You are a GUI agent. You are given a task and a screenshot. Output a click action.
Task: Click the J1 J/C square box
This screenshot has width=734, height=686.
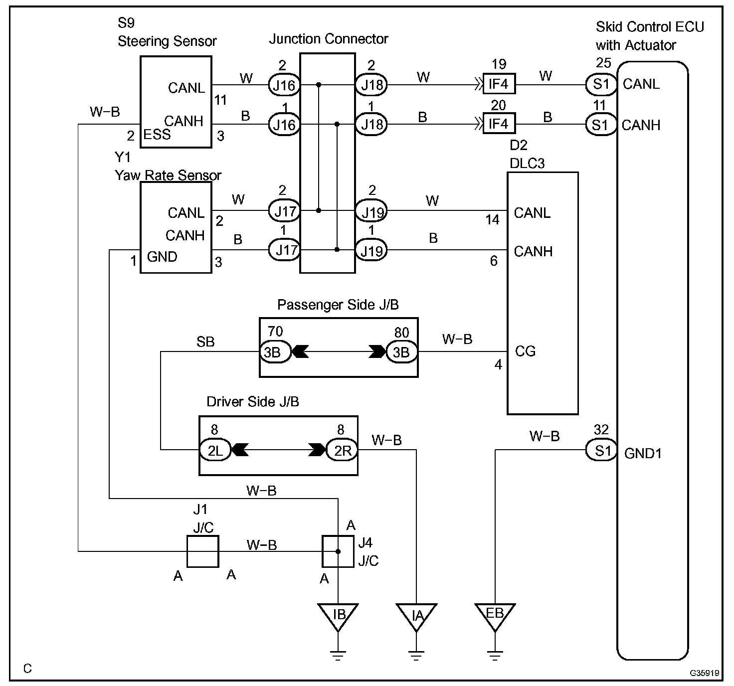tap(202, 551)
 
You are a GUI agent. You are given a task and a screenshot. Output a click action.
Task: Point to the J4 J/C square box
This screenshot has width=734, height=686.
tap(338, 551)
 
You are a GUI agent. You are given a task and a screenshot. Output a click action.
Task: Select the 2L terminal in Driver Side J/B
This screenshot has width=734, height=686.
tap(215, 450)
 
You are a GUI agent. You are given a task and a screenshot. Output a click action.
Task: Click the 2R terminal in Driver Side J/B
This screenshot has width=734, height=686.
tap(342, 450)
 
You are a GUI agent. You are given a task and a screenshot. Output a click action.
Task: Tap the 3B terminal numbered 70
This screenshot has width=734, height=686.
tap(275, 352)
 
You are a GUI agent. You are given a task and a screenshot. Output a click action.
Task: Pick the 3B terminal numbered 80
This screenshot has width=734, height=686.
tap(402, 352)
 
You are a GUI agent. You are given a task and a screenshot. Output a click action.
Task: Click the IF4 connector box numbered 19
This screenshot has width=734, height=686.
tap(499, 84)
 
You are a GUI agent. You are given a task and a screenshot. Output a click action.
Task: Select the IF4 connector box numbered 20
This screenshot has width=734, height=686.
tap(499, 124)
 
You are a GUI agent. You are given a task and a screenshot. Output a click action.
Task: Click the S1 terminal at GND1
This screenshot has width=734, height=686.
tap(601, 450)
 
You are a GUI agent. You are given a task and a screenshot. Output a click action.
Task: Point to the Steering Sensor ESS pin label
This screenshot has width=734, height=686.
tap(157, 135)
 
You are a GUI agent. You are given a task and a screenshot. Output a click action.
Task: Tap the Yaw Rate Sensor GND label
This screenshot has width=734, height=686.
tap(162, 257)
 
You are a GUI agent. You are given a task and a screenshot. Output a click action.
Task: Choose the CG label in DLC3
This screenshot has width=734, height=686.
tap(525, 351)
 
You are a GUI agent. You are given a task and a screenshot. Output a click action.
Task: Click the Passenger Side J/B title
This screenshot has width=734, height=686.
tap(338, 305)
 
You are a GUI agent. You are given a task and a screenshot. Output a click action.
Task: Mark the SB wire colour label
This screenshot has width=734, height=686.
tap(205, 342)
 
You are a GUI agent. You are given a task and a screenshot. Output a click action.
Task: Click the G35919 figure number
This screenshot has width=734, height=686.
tap(705, 673)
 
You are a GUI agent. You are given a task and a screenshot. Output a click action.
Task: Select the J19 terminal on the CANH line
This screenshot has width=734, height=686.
tap(371, 251)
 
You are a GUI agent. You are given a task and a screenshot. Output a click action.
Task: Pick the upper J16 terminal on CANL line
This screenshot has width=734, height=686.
tap(284, 85)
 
